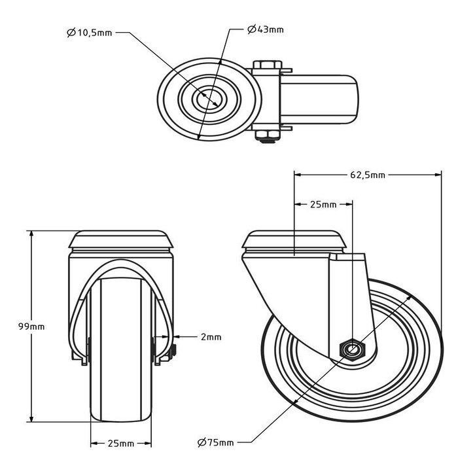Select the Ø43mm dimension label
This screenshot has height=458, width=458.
[266, 29]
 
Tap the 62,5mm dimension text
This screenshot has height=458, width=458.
[366, 175]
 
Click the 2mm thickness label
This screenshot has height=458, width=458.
[211, 337]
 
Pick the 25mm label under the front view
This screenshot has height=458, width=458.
[122, 443]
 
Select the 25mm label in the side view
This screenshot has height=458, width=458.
[323, 205]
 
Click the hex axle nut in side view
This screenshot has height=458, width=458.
[351, 349]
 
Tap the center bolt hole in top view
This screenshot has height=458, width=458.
[210, 97]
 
